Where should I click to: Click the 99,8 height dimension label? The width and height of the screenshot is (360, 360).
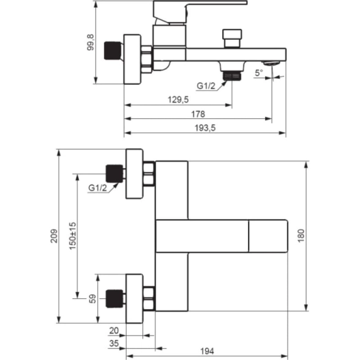click(91, 42)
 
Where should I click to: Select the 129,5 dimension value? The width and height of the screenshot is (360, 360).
click(178, 100)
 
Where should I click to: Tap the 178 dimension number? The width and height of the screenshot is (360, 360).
click(198, 114)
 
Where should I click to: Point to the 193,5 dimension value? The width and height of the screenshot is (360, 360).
click(205, 128)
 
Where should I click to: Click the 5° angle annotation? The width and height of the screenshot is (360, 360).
click(259, 73)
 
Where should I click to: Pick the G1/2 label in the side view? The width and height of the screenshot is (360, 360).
click(206, 86)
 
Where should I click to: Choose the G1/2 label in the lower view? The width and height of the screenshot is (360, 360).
click(97, 188)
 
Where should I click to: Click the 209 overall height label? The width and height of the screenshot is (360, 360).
click(54, 236)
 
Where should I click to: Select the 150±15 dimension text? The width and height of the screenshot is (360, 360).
click(72, 236)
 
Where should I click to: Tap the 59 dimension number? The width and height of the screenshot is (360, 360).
click(92, 299)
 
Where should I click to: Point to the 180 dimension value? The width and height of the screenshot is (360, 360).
click(301, 236)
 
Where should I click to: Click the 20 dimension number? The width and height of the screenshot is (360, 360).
click(114, 331)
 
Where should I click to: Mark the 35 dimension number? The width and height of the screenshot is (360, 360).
click(114, 343)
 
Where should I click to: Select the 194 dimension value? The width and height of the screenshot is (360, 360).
click(207, 351)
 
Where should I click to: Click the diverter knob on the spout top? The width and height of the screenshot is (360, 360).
click(232, 39)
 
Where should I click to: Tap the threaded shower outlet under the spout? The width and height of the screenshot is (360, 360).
click(232, 76)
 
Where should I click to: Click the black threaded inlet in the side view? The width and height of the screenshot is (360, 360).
click(113, 50)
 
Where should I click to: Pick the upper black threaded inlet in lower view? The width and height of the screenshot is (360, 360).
click(114, 174)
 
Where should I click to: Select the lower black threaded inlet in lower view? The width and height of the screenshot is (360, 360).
click(114, 299)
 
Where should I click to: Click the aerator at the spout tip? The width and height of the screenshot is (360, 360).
click(272, 63)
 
